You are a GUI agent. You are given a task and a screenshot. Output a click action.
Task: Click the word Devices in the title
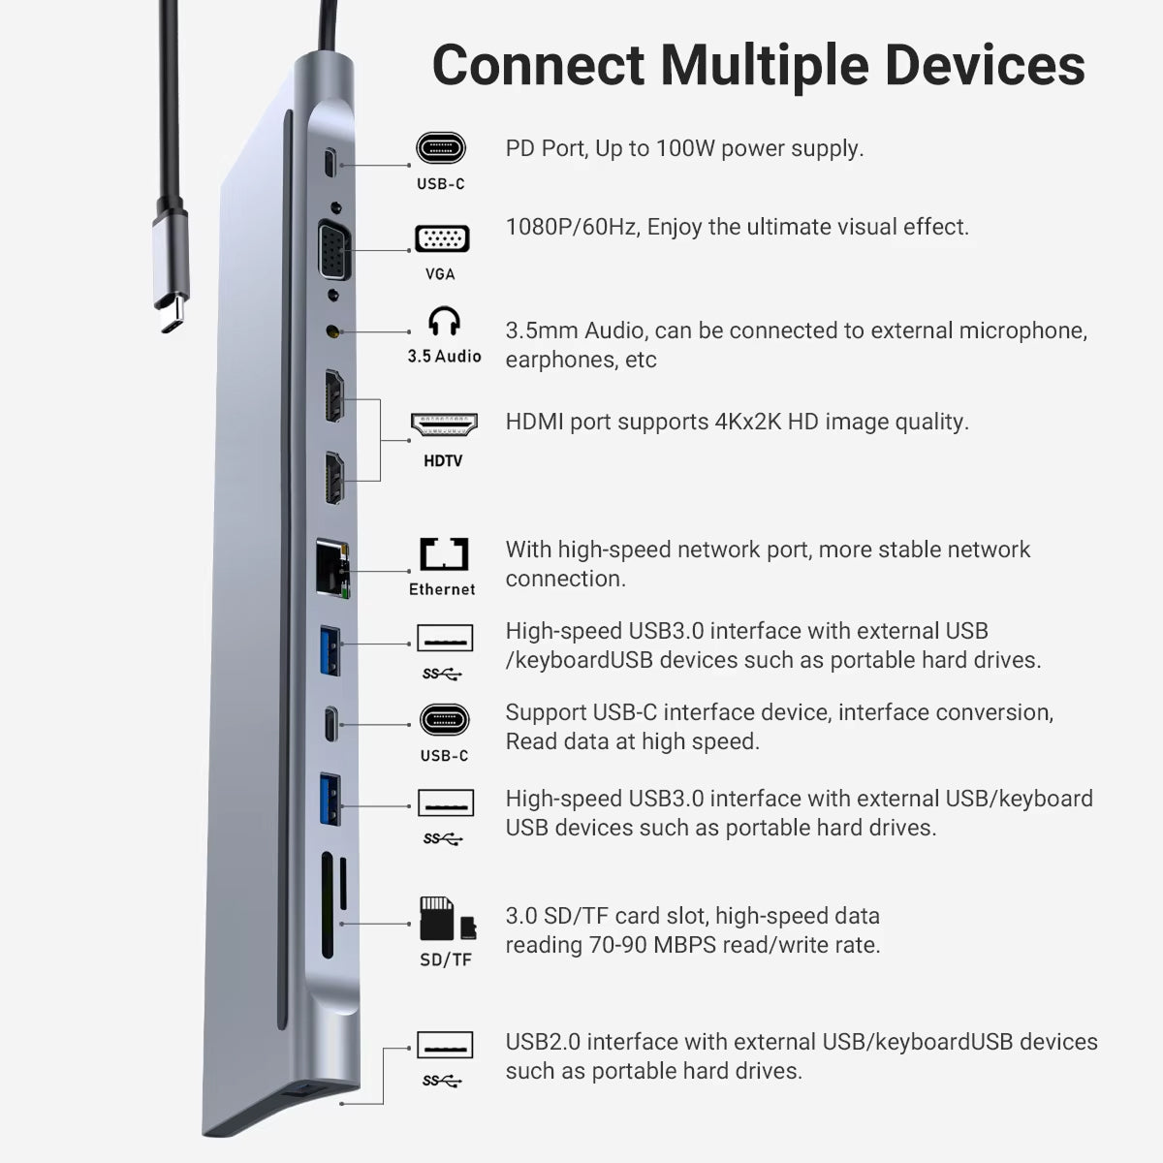(x=985, y=66)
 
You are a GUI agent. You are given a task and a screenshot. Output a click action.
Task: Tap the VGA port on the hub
(x=334, y=250)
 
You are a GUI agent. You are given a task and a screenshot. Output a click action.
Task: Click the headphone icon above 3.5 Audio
(x=444, y=321)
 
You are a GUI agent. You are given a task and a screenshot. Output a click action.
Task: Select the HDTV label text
(x=443, y=461)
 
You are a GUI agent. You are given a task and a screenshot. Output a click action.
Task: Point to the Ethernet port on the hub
(x=332, y=569)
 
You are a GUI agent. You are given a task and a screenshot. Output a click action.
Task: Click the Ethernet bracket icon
(x=444, y=554)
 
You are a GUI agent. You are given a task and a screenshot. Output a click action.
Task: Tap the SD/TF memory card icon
(x=448, y=919)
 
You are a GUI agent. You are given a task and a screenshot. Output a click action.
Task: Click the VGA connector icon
(x=442, y=239)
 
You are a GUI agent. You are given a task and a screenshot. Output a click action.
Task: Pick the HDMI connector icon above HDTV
(x=444, y=424)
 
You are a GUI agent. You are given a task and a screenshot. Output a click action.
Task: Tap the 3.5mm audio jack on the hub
(x=332, y=331)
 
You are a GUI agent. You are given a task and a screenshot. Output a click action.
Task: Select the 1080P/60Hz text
(x=573, y=228)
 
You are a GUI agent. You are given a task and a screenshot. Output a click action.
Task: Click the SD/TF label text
(x=446, y=959)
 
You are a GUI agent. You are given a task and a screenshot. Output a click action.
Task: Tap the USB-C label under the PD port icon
(x=441, y=184)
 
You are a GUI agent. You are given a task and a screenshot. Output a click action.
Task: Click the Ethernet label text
(x=442, y=589)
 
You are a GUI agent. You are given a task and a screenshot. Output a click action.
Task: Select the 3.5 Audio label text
(x=444, y=357)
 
